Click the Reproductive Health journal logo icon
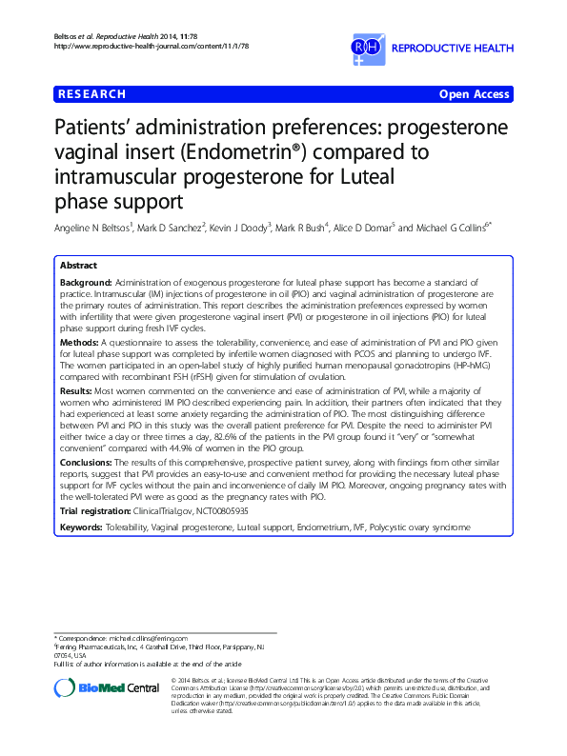tap(367, 46)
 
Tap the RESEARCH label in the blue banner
tap(91, 94)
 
